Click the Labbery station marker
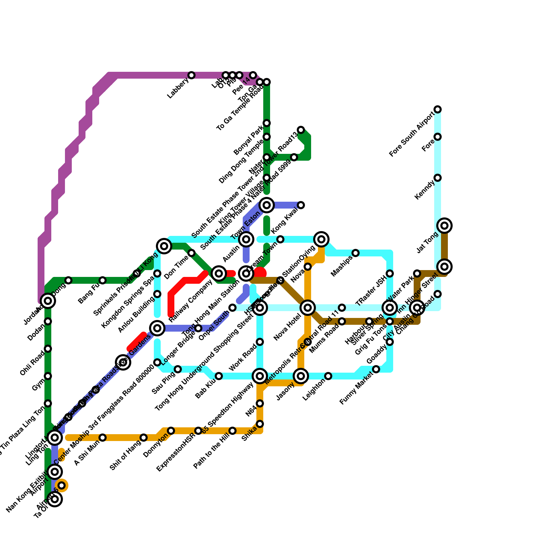click(x=191, y=75)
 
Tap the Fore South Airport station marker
click(x=438, y=109)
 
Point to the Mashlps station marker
click(x=356, y=253)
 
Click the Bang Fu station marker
click(x=103, y=280)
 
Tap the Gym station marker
click(x=48, y=376)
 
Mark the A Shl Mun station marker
click(x=103, y=438)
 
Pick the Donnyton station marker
click(x=171, y=431)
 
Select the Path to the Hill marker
click(x=232, y=431)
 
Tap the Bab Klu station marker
click(x=219, y=376)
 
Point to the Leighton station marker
click(x=328, y=376)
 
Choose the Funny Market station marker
click(x=376, y=369)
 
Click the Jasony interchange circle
click(x=301, y=376)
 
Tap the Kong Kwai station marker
click(x=301, y=205)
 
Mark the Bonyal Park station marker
click(x=267, y=137)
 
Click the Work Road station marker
click(x=260, y=342)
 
